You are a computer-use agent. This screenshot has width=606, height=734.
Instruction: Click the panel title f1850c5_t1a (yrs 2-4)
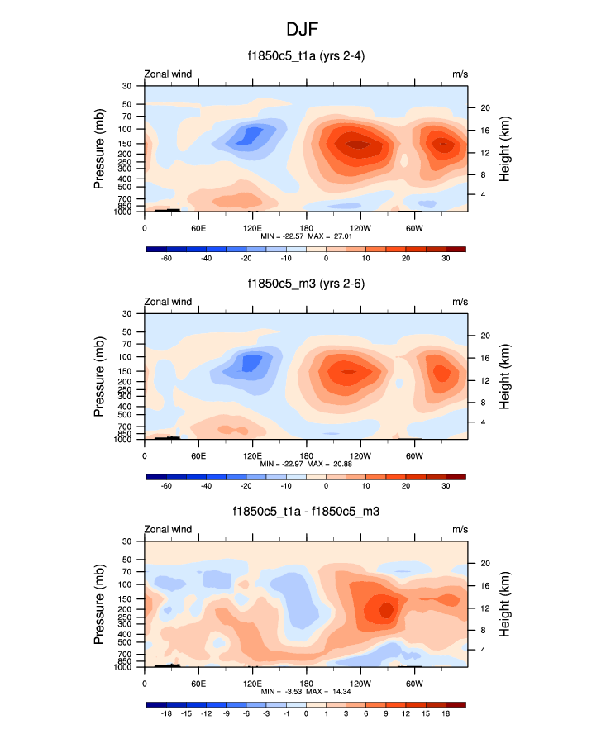point(303,56)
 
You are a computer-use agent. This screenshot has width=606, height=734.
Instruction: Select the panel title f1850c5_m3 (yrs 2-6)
point(303,284)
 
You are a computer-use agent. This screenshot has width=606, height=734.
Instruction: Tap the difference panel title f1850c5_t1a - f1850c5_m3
point(303,511)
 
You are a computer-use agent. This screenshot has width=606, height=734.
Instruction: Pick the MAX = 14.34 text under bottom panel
point(328,691)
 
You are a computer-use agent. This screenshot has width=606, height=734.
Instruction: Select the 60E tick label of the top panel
point(198,228)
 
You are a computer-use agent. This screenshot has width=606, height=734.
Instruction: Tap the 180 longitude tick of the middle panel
point(306,456)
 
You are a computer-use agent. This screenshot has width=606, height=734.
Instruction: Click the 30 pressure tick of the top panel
point(127,86)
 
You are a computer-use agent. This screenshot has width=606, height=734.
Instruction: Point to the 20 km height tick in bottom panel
point(485,563)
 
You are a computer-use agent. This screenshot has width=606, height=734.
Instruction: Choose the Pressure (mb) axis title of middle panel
point(99,377)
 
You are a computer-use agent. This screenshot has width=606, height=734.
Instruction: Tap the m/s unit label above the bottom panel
point(460,529)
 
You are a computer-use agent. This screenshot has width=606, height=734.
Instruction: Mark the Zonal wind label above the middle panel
point(168,302)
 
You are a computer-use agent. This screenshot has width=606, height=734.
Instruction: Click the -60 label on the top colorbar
point(165,259)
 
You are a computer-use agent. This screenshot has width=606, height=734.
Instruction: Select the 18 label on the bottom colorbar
point(446,713)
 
